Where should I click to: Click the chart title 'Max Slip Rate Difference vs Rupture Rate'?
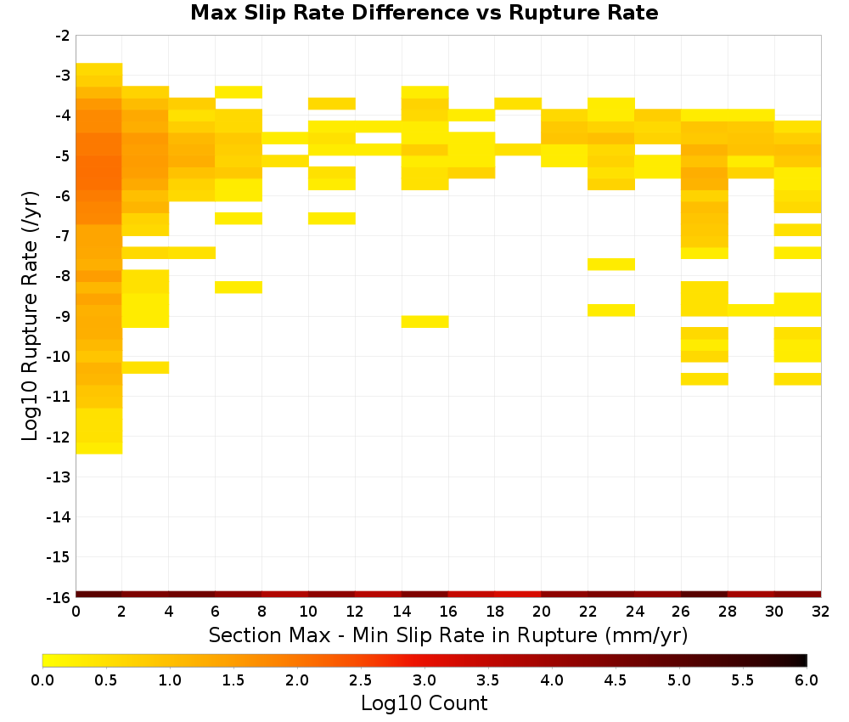point(424,13)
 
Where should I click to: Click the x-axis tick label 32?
point(821,612)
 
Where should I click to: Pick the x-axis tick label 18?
point(495,612)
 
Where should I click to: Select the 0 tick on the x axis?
point(76,612)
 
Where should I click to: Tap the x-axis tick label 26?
point(681,612)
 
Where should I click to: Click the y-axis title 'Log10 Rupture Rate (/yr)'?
point(30,316)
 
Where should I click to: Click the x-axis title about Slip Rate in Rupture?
point(448,635)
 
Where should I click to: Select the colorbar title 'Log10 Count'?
point(424,703)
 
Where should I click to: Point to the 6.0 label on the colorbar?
point(807,680)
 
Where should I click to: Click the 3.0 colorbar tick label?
point(424,680)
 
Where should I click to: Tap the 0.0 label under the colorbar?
point(42,680)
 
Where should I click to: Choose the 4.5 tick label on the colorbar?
point(616,680)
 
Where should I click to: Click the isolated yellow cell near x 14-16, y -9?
point(425,322)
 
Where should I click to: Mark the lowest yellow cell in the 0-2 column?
point(99,448)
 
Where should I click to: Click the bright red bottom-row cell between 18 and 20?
point(518,595)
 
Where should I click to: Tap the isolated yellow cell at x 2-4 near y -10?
point(146,367)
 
